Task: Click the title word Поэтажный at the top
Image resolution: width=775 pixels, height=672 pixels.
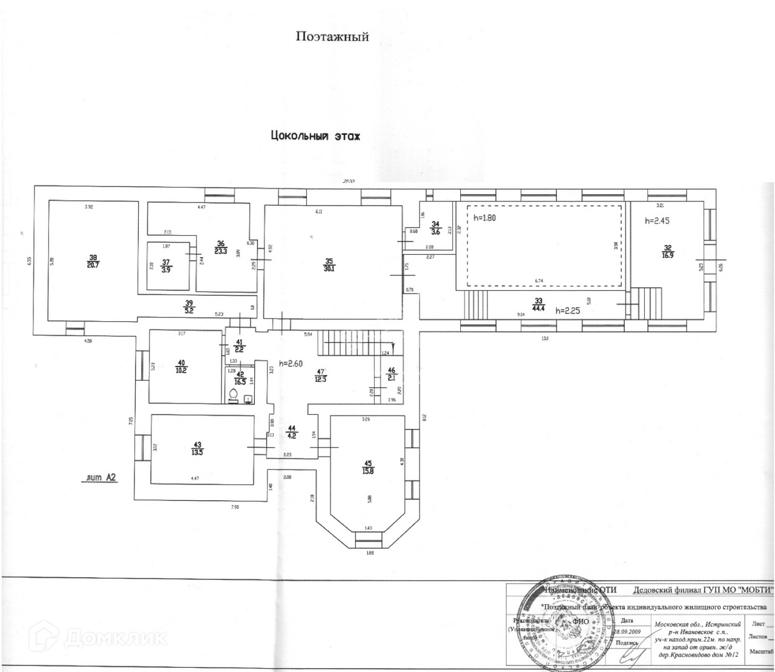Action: coord(332,37)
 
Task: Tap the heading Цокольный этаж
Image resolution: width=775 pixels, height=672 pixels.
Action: coord(315,136)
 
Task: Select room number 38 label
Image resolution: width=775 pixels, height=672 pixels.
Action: coord(93,260)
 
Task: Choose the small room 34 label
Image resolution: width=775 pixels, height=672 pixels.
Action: coord(435,227)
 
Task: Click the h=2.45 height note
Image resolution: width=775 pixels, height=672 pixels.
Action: coord(658,221)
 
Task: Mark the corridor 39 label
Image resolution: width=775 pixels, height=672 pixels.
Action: coord(188,307)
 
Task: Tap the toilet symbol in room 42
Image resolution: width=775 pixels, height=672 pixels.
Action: coord(233,396)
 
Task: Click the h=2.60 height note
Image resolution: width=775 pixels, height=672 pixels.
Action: coord(292,364)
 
